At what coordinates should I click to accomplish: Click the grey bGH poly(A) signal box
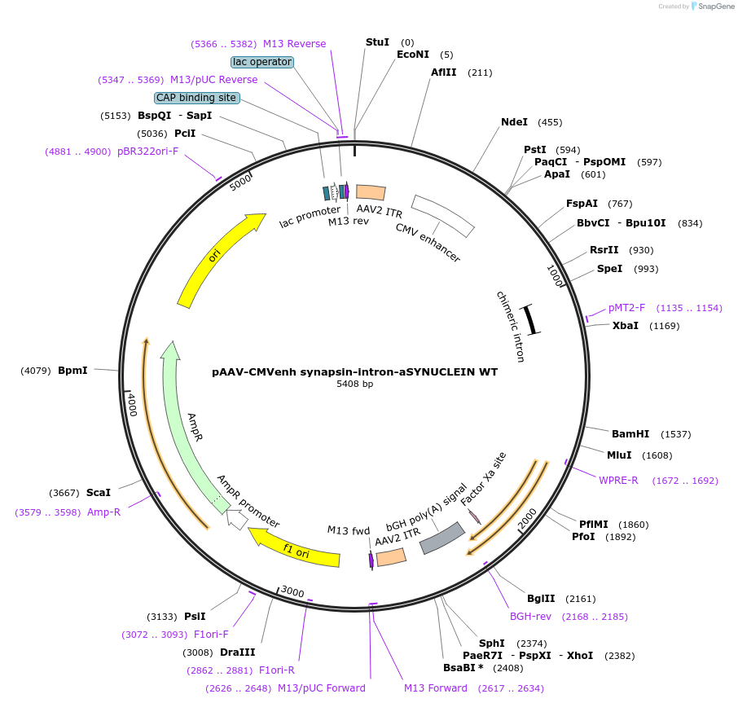[x=441, y=538]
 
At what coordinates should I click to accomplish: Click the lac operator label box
[x=261, y=62]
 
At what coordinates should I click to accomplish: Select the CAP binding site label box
[x=196, y=98]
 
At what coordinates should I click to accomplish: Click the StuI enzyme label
[x=377, y=42]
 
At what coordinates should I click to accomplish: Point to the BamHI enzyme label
[x=630, y=434]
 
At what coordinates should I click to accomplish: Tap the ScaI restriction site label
[x=98, y=493]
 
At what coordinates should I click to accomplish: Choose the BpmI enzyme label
[x=72, y=371]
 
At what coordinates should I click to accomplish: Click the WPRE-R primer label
[x=618, y=481]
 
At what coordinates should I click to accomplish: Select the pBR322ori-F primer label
[x=147, y=152]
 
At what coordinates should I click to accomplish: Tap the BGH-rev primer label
[x=530, y=617]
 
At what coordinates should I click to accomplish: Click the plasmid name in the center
[x=354, y=371]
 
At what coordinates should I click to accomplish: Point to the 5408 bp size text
[x=354, y=384]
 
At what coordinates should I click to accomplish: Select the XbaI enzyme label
[x=625, y=326]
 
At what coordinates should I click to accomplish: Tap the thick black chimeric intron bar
[x=531, y=319]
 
